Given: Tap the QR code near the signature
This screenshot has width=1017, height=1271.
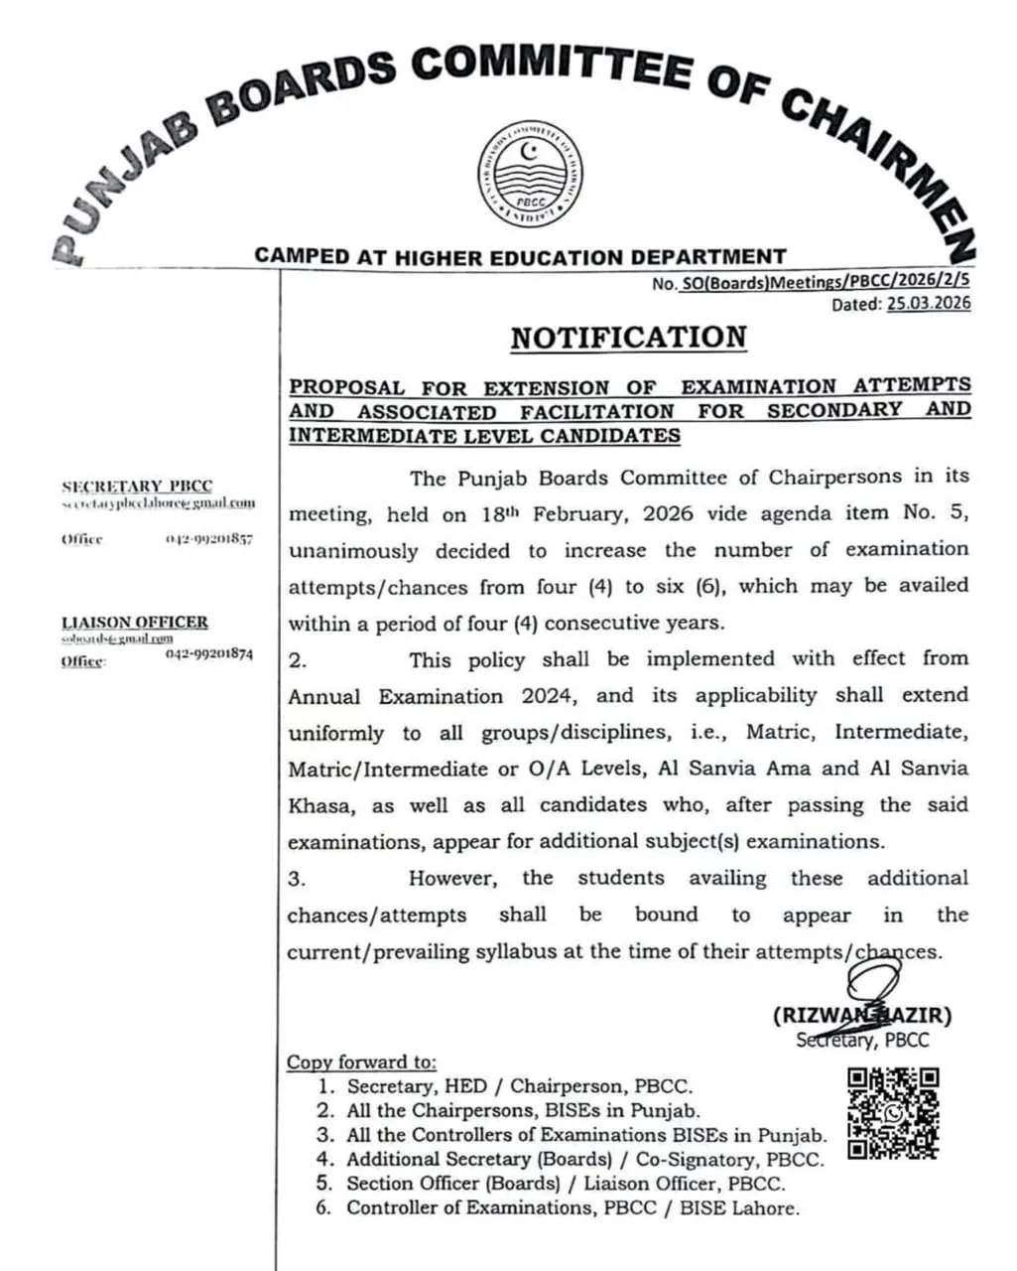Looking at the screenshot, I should tap(893, 1113).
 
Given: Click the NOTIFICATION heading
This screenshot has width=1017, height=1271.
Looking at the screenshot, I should tap(628, 338).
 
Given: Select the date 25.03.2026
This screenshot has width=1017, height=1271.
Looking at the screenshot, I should tap(929, 304).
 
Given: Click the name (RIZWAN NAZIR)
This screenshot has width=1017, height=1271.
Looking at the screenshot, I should tap(861, 1016).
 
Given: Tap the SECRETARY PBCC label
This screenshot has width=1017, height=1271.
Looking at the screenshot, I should tap(137, 487).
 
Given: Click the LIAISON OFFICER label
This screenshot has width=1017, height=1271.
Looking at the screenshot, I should tap(135, 622).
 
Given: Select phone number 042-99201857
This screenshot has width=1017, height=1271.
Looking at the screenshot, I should tap(209, 539).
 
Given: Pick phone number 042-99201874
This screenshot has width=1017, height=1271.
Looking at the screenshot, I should tap(209, 654).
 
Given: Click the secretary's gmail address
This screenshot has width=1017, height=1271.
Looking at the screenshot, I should tap(158, 503).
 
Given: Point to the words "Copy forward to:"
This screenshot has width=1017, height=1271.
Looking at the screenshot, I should tap(361, 1061).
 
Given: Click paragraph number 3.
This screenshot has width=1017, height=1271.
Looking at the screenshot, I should tap(297, 879).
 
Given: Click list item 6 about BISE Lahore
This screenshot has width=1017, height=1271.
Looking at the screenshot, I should tap(572, 1208).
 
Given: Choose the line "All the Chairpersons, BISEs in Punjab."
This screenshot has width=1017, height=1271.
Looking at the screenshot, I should tap(523, 1111).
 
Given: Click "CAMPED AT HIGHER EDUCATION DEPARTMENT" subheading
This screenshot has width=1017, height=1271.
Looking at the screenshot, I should tap(520, 256).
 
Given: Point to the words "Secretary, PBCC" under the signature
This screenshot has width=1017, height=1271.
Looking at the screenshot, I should tap(861, 1040).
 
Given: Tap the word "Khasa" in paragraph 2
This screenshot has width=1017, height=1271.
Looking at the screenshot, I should tap(318, 805).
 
